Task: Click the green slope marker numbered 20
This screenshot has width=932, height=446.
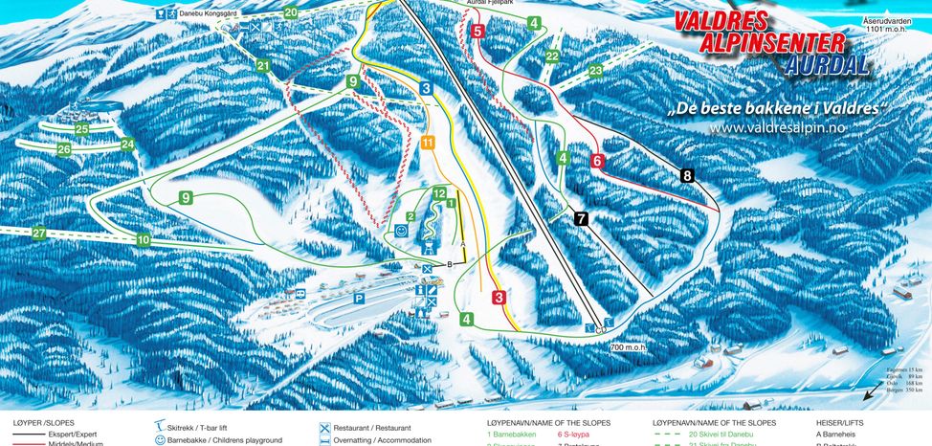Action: [291, 12]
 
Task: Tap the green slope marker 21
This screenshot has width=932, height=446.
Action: [263, 66]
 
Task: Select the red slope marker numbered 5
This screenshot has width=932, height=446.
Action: [477, 32]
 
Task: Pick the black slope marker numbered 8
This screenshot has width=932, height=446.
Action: [687, 175]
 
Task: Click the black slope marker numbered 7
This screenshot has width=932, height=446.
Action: [582, 219]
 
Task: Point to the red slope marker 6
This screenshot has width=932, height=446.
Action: [598, 161]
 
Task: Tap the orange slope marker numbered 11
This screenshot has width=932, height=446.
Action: [428, 143]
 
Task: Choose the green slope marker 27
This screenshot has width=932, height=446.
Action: [39, 234]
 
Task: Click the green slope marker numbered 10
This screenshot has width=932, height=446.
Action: [144, 239]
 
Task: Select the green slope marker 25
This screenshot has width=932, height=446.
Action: [82, 128]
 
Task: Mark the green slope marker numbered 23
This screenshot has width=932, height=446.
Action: [596, 71]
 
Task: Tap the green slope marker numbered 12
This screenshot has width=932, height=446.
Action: [439, 194]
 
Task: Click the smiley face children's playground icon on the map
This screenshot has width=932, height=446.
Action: [403, 232]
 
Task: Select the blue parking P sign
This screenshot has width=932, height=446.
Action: [359, 299]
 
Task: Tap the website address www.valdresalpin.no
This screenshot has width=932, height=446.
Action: [777, 128]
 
